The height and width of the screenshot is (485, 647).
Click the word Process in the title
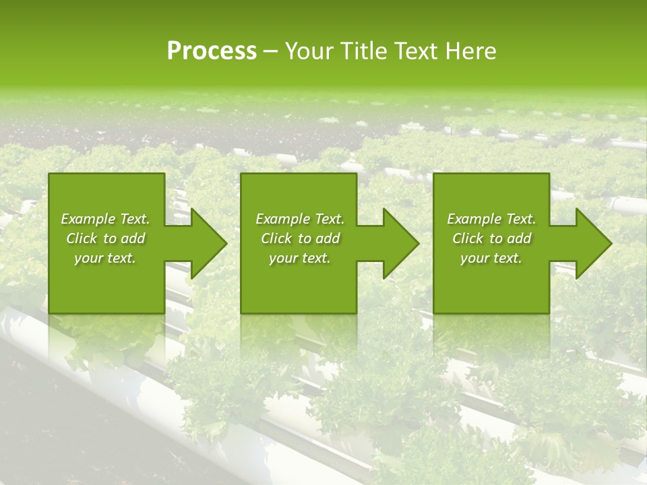pyautogui.click(x=212, y=51)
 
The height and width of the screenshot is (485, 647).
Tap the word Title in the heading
pyautogui.click(x=363, y=51)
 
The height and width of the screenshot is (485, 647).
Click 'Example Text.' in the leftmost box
pyautogui.click(x=105, y=219)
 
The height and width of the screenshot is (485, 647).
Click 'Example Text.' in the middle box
pyautogui.click(x=300, y=219)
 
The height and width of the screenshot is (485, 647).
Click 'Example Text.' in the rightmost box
pyautogui.click(x=491, y=219)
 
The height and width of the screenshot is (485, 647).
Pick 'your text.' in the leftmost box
pyautogui.click(x=105, y=258)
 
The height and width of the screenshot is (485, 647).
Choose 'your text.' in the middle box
pyautogui.click(x=300, y=258)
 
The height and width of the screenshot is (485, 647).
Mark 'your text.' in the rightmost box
pyautogui.click(x=491, y=258)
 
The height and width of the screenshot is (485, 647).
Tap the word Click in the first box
pyautogui.click(x=82, y=238)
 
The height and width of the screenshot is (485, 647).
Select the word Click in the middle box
pyautogui.click(x=276, y=238)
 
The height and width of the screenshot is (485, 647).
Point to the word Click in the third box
pyautogui.click(x=468, y=238)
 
